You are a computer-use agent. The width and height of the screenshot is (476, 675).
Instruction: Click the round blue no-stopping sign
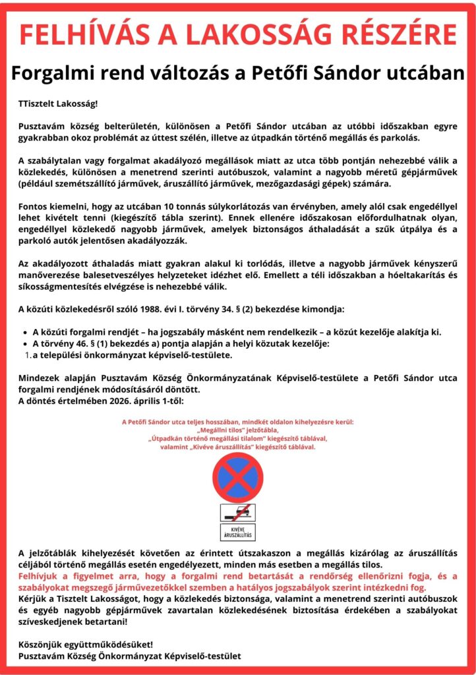coord(237,476)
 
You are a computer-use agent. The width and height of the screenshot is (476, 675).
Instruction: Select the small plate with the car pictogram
coord(237,512)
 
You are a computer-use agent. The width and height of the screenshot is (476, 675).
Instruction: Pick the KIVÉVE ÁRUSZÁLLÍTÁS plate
coord(237,532)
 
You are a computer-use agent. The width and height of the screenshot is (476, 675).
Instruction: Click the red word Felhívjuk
coord(42,575)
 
